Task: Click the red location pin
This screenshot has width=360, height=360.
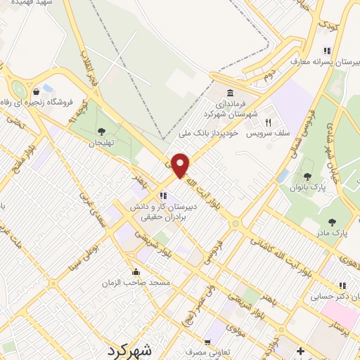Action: [181, 165]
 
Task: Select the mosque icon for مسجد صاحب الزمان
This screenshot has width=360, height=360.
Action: [136, 272]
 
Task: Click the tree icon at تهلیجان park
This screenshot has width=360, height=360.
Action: [102, 131]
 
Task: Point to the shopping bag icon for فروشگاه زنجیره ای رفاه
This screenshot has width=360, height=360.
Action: [36, 91]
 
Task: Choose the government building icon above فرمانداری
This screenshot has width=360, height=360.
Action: [230, 94]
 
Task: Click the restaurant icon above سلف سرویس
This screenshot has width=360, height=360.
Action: [268, 122]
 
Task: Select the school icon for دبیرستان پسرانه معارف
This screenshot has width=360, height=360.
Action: [327, 51]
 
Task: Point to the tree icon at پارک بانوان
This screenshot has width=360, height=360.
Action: [306, 176]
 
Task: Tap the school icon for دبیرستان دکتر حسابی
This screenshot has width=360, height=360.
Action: [343, 286]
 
